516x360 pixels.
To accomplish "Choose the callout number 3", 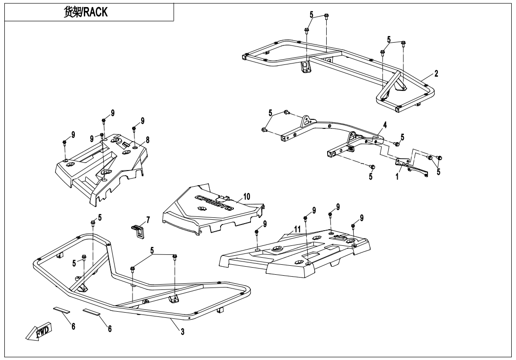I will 182,331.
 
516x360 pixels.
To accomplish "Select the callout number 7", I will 148,220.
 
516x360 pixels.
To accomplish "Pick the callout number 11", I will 297,228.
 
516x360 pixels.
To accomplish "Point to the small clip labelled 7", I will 136,231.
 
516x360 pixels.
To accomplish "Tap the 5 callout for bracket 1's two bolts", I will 438,172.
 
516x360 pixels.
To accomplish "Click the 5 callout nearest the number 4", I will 402,137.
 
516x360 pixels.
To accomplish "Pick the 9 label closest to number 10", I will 265,223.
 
